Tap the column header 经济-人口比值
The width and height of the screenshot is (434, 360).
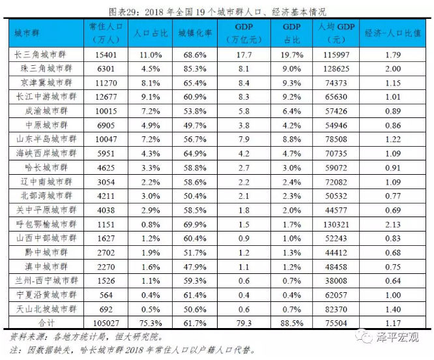(392, 33)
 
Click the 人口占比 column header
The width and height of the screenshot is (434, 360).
(148, 33)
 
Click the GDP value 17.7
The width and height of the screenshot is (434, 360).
(244, 55)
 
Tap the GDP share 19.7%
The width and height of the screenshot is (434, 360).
(290, 55)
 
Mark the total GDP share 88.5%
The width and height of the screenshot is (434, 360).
(290, 322)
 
